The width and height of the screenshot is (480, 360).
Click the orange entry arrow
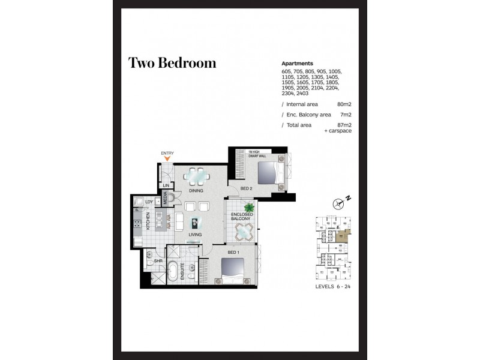pos(167,159)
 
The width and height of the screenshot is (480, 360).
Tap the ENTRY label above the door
pos(167,153)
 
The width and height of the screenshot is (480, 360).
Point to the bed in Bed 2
pos(268,173)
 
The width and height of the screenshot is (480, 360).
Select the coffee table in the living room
pos(195,220)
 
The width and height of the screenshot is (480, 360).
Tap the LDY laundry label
pos(148,202)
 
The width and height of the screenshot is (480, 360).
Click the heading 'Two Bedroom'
pos(172,63)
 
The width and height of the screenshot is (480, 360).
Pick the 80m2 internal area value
pos(344,103)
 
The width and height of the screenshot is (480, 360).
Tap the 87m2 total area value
pos(344,124)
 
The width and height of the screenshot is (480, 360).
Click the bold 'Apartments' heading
pos(298,63)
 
